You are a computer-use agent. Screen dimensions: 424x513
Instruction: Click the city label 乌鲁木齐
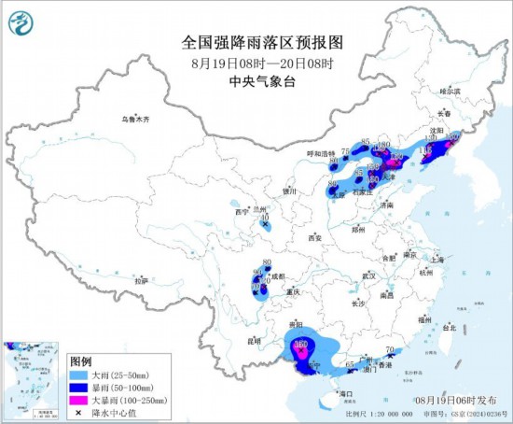click(134, 120)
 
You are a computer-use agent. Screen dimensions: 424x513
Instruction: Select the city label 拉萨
click(141, 280)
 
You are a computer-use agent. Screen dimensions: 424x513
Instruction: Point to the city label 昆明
click(253, 342)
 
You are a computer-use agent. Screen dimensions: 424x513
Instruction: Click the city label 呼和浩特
click(320, 153)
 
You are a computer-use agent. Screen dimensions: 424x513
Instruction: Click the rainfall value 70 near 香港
click(389, 352)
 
